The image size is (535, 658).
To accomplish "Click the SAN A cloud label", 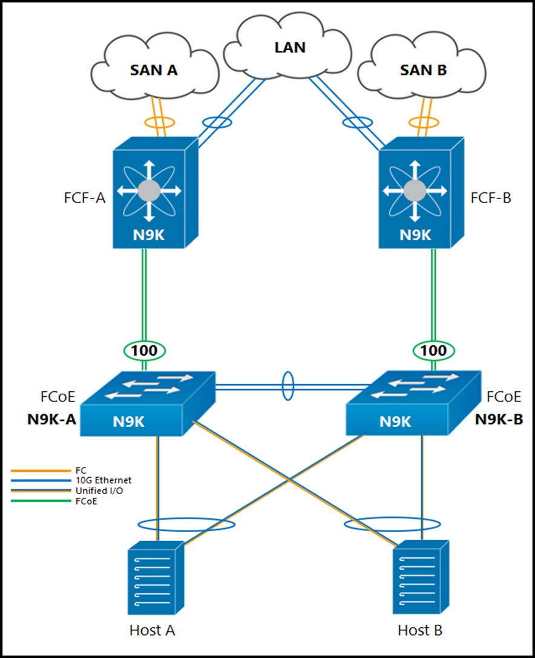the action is (x=154, y=70).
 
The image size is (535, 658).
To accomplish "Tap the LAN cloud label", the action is (x=290, y=47).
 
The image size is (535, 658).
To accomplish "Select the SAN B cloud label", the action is (x=423, y=70).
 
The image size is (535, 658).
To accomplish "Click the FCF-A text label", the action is (x=84, y=198).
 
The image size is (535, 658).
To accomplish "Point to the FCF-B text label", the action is (x=491, y=198).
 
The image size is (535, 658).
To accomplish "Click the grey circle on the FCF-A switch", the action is (x=149, y=191).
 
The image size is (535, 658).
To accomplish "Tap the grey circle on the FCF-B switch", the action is (x=415, y=191).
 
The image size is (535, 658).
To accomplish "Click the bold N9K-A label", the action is (x=51, y=419).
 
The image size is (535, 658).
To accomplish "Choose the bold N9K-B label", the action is (x=499, y=419).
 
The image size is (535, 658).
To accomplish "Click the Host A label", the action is (x=152, y=630).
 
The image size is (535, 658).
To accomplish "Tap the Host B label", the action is (x=420, y=630).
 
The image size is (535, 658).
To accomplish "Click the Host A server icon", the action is (x=156, y=578).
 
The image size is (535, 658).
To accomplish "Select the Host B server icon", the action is (x=421, y=578).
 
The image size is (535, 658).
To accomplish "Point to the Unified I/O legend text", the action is (x=99, y=490).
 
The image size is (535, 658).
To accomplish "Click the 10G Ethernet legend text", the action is (x=103, y=480).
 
